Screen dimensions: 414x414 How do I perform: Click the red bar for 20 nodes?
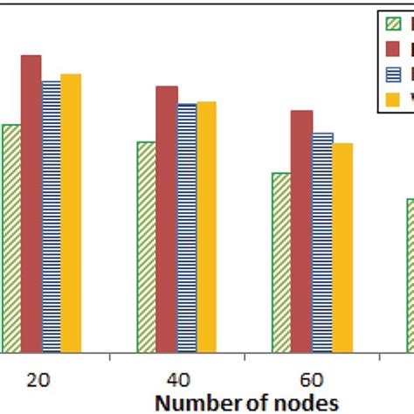tap(31, 201)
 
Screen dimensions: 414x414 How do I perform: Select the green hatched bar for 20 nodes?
tap(11, 236)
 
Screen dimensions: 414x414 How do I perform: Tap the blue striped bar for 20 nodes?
tap(52, 214)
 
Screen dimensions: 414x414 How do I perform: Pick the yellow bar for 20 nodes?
tap(71, 210)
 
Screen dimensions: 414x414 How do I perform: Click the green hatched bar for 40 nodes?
tap(146, 245)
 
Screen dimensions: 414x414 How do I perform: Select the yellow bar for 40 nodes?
tap(206, 224)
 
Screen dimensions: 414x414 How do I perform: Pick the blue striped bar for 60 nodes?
tap(322, 240)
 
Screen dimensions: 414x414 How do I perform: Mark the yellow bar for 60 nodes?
tap(342, 245)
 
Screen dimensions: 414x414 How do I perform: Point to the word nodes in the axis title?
tap(309, 403)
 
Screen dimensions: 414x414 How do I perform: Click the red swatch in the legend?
tap(392, 47)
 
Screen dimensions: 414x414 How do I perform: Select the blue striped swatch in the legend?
tap(392, 73)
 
